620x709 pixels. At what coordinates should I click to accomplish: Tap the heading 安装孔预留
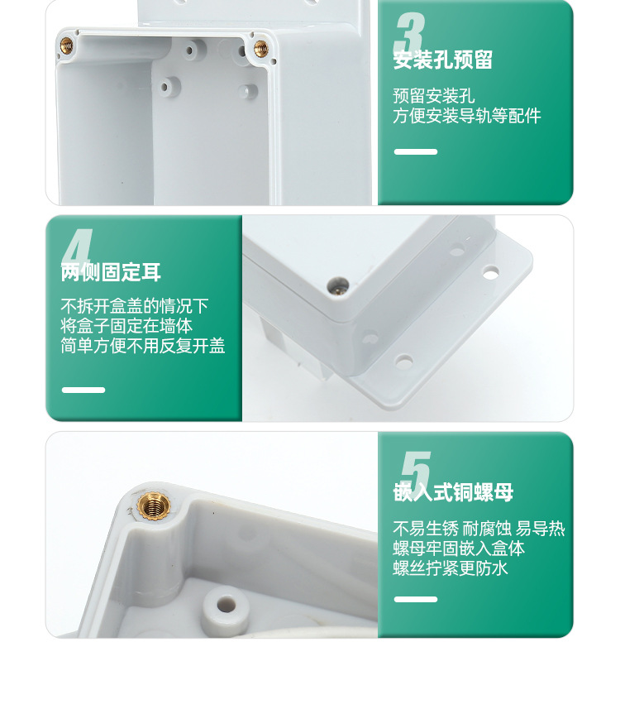(x=443, y=60)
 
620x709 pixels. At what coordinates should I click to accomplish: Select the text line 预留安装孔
(x=433, y=96)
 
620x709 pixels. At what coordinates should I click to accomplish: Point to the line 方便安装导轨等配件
(x=466, y=117)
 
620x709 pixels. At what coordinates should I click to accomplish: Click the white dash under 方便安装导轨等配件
(x=415, y=151)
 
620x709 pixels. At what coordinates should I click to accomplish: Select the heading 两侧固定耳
(x=111, y=273)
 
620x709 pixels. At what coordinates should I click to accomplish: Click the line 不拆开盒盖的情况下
(x=135, y=306)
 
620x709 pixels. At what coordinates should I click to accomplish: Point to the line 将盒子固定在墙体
(x=126, y=326)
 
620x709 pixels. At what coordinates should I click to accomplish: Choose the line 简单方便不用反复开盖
(x=143, y=347)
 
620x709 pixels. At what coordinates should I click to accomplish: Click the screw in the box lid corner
(x=336, y=285)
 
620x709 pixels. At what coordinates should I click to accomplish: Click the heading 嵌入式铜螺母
(x=453, y=493)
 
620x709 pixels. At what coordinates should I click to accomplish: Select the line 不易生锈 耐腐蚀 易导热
(x=479, y=529)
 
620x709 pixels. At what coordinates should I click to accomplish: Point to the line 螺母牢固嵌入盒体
(x=459, y=549)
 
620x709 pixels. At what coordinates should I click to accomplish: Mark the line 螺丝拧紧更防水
(x=451, y=568)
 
